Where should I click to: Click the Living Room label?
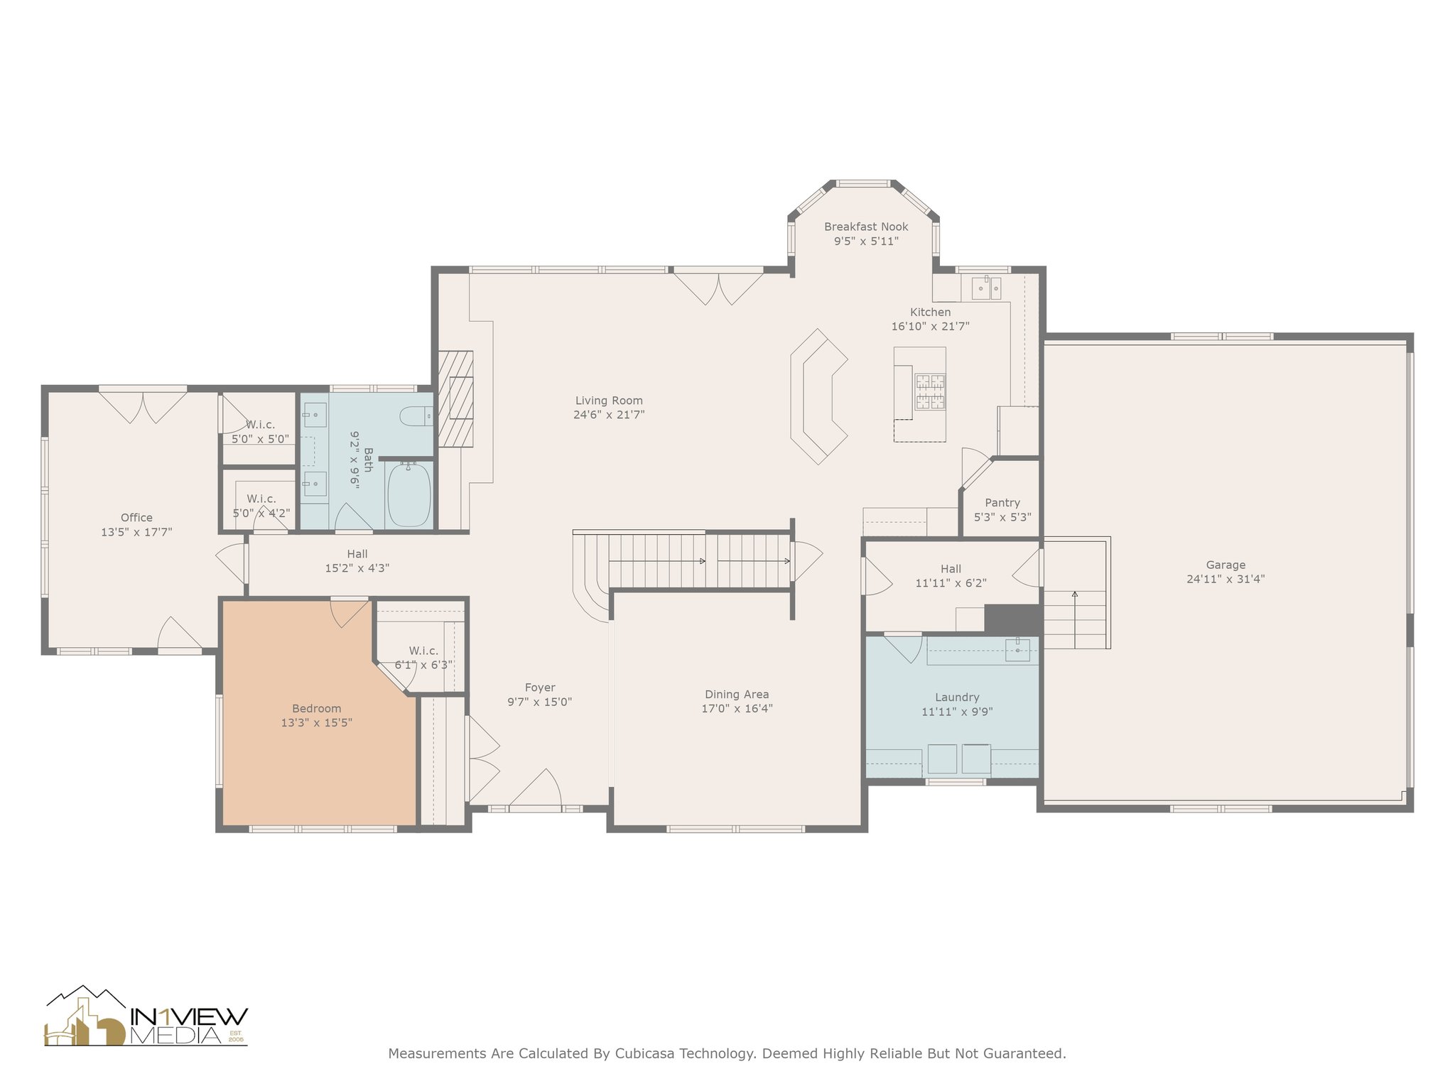[609, 401]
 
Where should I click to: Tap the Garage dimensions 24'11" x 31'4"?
[1226, 579]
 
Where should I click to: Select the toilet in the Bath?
[416, 416]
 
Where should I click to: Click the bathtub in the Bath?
[409, 494]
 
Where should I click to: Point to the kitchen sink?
[985, 287]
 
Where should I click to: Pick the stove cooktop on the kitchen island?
[930, 392]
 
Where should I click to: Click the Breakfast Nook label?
[866, 227]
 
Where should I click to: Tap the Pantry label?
[1002, 503]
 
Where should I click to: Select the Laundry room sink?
[1017, 649]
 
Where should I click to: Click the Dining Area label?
[737, 694]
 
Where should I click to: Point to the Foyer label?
[540, 688]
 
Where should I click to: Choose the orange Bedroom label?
[317, 708]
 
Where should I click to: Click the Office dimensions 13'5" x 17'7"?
[136, 531]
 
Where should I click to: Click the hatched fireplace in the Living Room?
[455, 398]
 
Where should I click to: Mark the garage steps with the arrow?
[1076, 593]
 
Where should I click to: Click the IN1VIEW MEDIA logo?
[146, 1016]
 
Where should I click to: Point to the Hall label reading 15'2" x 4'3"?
[357, 561]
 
